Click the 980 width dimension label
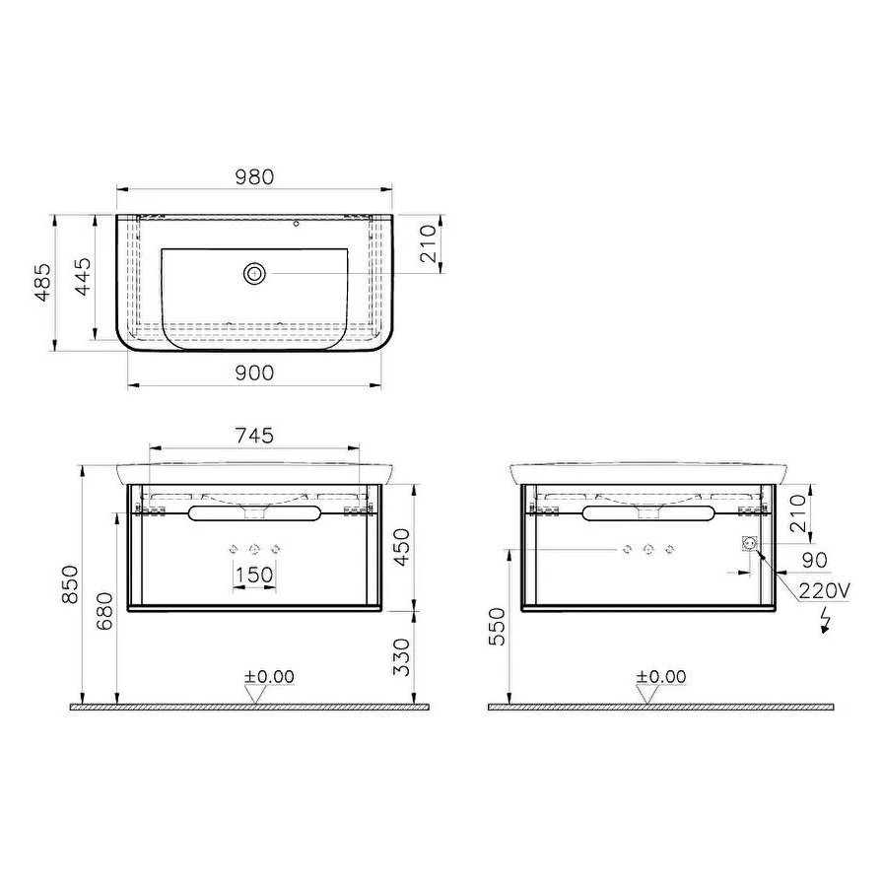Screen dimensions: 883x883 click(x=254, y=176)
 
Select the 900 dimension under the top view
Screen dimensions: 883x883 click(x=254, y=373)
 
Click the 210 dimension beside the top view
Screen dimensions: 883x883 click(x=428, y=242)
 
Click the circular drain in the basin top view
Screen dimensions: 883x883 click(x=255, y=273)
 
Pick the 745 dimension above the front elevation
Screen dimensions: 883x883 click(x=254, y=436)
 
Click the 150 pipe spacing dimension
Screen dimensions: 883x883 click(x=254, y=576)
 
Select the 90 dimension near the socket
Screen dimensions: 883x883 click(x=814, y=560)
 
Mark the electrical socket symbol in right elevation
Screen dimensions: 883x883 click(x=748, y=543)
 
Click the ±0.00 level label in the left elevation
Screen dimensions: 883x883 click(x=269, y=676)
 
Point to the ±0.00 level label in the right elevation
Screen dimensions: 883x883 click(x=660, y=676)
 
